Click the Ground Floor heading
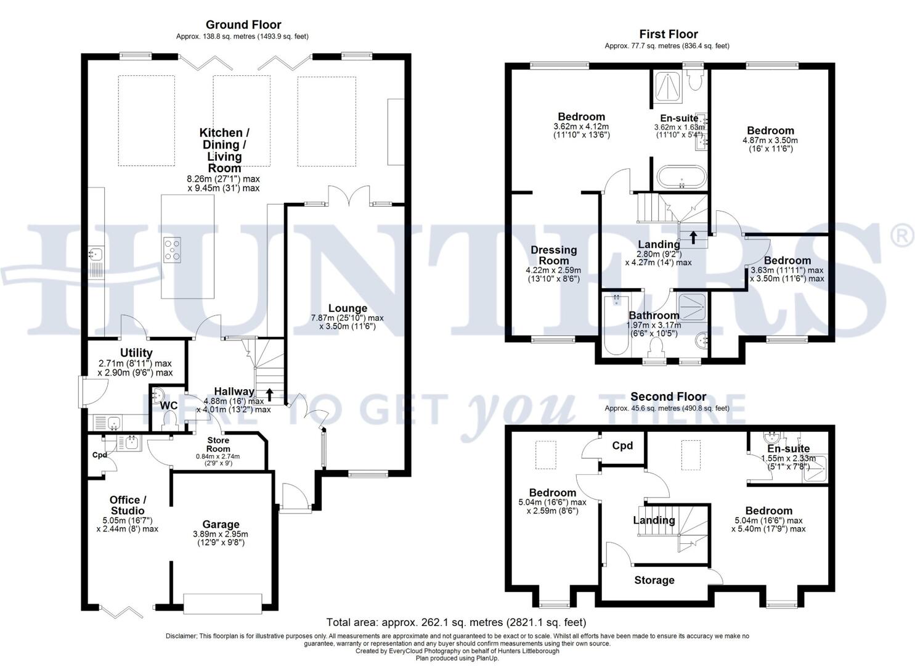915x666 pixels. [243, 25]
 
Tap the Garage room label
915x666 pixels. [221, 525]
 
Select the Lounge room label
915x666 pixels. [347, 308]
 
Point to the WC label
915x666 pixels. [169, 406]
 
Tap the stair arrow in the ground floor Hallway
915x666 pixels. [269, 393]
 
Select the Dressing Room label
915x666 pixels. [553, 255]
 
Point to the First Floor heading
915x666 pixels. [668, 35]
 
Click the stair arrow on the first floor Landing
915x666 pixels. [693, 237]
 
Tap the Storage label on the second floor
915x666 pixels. [654, 580]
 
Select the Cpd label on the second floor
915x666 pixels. [622, 446]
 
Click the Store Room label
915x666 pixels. [218, 444]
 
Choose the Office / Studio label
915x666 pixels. [128, 505]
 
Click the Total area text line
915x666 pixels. [456, 622]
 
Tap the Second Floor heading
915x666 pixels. [668, 397]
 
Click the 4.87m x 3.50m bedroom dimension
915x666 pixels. [770, 140]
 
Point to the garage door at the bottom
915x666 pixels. [222, 604]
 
